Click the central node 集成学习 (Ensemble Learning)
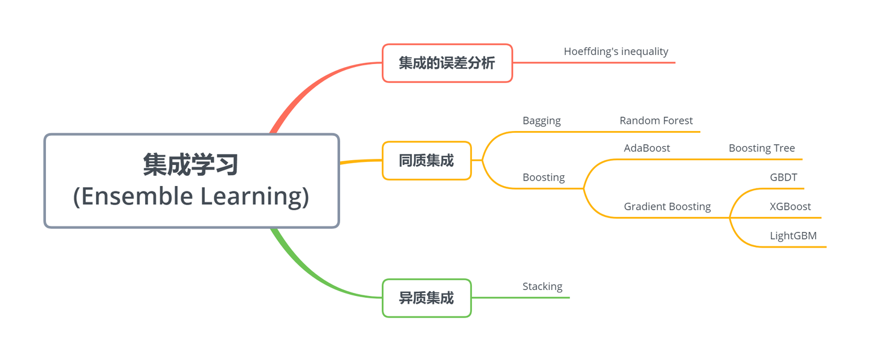click(x=192, y=181)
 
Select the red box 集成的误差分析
click(x=447, y=63)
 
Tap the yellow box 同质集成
click(x=427, y=161)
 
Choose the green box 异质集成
click(x=427, y=298)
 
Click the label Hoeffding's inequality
click(x=616, y=51)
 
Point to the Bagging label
click(x=541, y=121)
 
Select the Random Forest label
click(x=656, y=121)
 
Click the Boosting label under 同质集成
click(x=544, y=178)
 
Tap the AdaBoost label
click(x=647, y=148)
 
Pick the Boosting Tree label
click(x=762, y=148)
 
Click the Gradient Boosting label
click(x=668, y=207)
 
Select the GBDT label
click(x=784, y=178)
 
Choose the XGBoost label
click(x=790, y=207)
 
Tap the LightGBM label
click(x=793, y=236)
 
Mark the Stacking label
click(x=543, y=286)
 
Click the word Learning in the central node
click(x=254, y=197)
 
